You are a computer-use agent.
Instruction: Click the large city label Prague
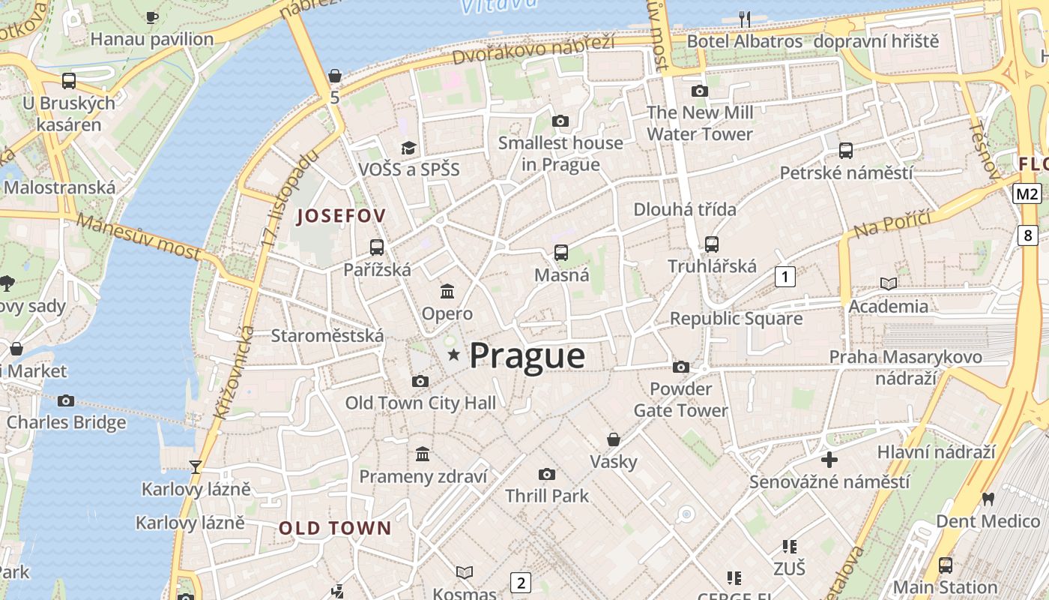(x=527, y=355)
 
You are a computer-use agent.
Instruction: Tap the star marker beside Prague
(x=453, y=355)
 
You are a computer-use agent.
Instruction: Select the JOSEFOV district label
(x=342, y=216)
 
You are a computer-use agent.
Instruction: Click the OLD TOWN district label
(x=335, y=528)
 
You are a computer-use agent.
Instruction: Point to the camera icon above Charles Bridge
(x=66, y=400)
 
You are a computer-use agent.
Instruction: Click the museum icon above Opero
(x=447, y=291)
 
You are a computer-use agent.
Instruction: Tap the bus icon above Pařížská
(x=377, y=247)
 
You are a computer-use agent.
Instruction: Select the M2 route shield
(x=1027, y=194)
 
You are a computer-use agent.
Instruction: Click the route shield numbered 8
(x=1027, y=235)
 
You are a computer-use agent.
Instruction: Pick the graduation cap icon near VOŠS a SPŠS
(x=408, y=147)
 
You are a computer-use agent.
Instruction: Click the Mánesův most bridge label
(x=139, y=236)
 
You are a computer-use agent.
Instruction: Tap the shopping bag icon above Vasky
(x=614, y=439)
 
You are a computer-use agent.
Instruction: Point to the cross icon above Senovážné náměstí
(x=829, y=459)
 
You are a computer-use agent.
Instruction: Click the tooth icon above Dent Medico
(x=988, y=499)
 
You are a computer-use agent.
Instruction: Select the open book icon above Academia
(x=888, y=283)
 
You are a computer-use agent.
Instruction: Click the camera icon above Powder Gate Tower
(x=680, y=367)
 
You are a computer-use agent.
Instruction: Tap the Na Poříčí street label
(x=892, y=223)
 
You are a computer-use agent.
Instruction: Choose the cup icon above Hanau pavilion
(x=152, y=16)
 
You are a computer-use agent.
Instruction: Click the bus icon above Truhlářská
(x=711, y=244)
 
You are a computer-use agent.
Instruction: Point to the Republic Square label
(x=736, y=319)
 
